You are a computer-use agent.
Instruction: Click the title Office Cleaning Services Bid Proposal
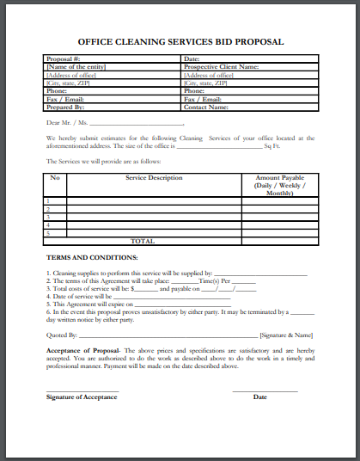pos(180,41)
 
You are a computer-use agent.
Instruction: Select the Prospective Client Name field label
pos(221,67)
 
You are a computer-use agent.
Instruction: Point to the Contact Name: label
pos(206,108)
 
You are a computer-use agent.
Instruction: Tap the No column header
pos(55,178)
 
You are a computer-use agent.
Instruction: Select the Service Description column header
pos(155,178)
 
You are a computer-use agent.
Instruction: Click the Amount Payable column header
pos(280,178)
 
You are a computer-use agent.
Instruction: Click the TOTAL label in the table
pos(143,242)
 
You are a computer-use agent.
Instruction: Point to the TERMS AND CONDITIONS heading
pos(92,257)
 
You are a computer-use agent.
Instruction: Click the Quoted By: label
pos(61,335)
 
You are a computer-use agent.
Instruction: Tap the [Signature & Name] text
pos(286,335)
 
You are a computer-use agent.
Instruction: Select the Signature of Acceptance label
pos(82,396)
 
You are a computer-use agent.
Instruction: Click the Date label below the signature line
pos(260,396)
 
